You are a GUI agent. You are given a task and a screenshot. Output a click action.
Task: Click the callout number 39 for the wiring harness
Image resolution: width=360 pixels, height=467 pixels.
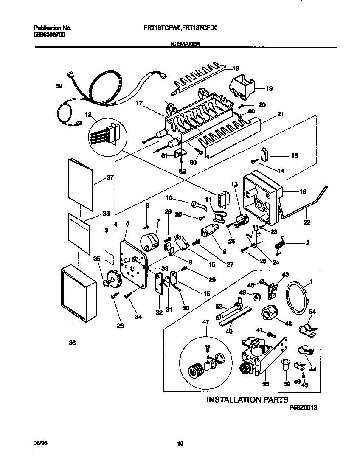pyautogui.click(x=59, y=86)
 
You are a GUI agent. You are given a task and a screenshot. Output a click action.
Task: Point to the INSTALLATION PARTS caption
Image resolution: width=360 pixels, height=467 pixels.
pyautogui.click(x=247, y=399)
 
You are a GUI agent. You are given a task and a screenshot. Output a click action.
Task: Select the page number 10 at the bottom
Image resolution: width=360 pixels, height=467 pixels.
pyautogui.click(x=180, y=444)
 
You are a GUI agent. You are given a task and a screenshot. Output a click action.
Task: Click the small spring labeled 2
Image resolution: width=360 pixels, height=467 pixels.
pyautogui.click(x=280, y=245)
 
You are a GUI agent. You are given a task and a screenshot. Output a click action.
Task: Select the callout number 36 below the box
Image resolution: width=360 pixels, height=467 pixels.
pyautogui.click(x=72, y=343)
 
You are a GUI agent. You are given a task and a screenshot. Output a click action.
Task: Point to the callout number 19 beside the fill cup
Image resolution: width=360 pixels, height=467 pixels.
pyautogui.click(x=269, y=88)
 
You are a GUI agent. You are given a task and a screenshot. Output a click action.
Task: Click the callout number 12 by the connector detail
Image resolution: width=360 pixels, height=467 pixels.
pyautogui.click(x=88, y=114)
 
